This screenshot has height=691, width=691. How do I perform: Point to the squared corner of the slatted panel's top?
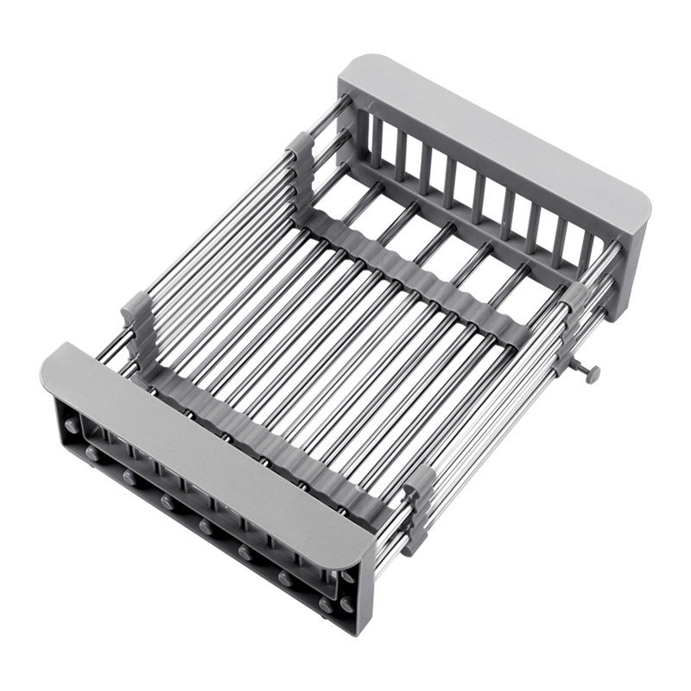coord(354,65)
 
